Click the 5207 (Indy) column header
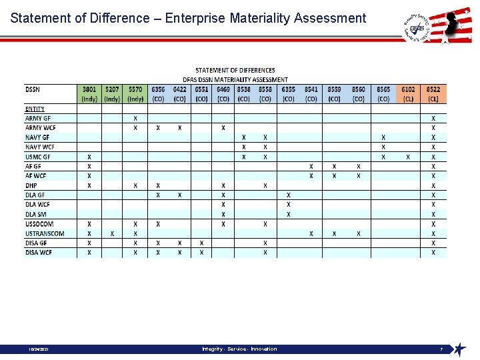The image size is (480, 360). pyautogui.click(x=112, y=93)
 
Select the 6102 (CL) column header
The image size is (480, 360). pyautogui.click(x=408, y=93)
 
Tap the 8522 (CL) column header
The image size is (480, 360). pyautogui.click(x=433, y=93)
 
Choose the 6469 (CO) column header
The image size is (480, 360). pyautogui.click(x=223, y=93)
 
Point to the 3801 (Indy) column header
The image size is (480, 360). pyautogui.click(x=89, y=93)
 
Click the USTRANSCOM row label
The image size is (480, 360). pyautogui.click(x=45, y=233)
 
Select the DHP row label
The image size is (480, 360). pyautogui.click(x=32, y=185)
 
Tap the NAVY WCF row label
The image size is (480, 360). pyautogui.click(x=40, y=147)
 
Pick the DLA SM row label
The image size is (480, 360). pyautogui.click(x=36, y=214)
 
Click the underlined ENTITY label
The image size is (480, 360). pyautogui.click(x=35, y=109)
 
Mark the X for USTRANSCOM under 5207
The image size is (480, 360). pyautogui.click(x=112, y=233)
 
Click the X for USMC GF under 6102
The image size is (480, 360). pyautogui.click(x=408, y=157)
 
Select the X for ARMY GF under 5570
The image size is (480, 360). pyautogui.click(x=135, y=118)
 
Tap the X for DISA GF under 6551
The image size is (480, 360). pyautogui.click(x=201, y=243)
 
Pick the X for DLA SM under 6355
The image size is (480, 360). pyautogui.click(x=288, y=214)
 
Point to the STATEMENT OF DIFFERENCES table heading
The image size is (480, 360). pyautogui.click(x=235, y=70)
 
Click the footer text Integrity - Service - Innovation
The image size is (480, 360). pyautogui.click(x=239, y=349)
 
